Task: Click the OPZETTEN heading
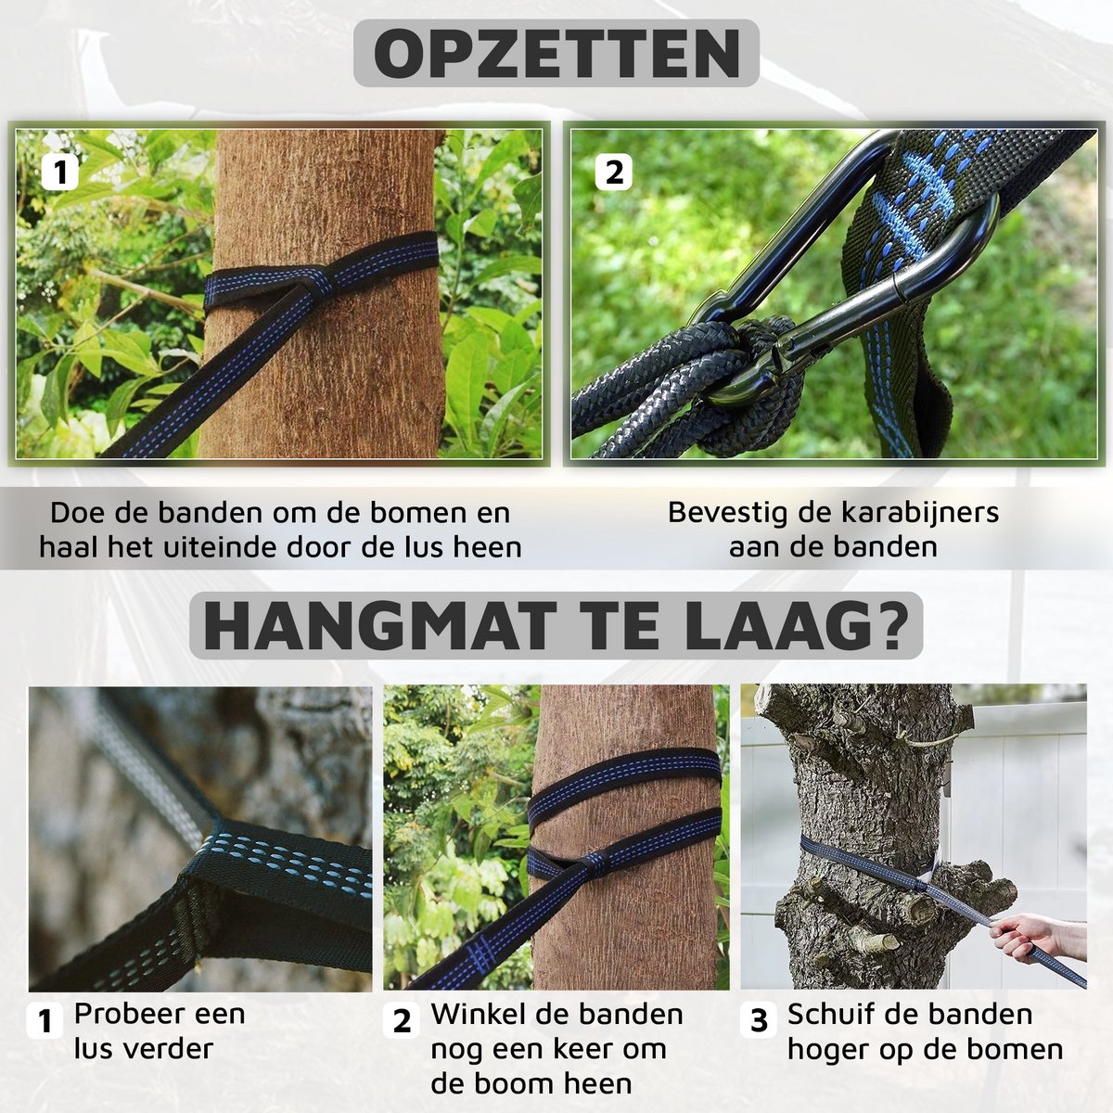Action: coord(556,53)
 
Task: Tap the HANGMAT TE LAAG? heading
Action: coord(556,626)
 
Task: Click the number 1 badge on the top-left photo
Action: coord(60,173)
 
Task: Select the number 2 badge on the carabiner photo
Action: coord(613,173)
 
